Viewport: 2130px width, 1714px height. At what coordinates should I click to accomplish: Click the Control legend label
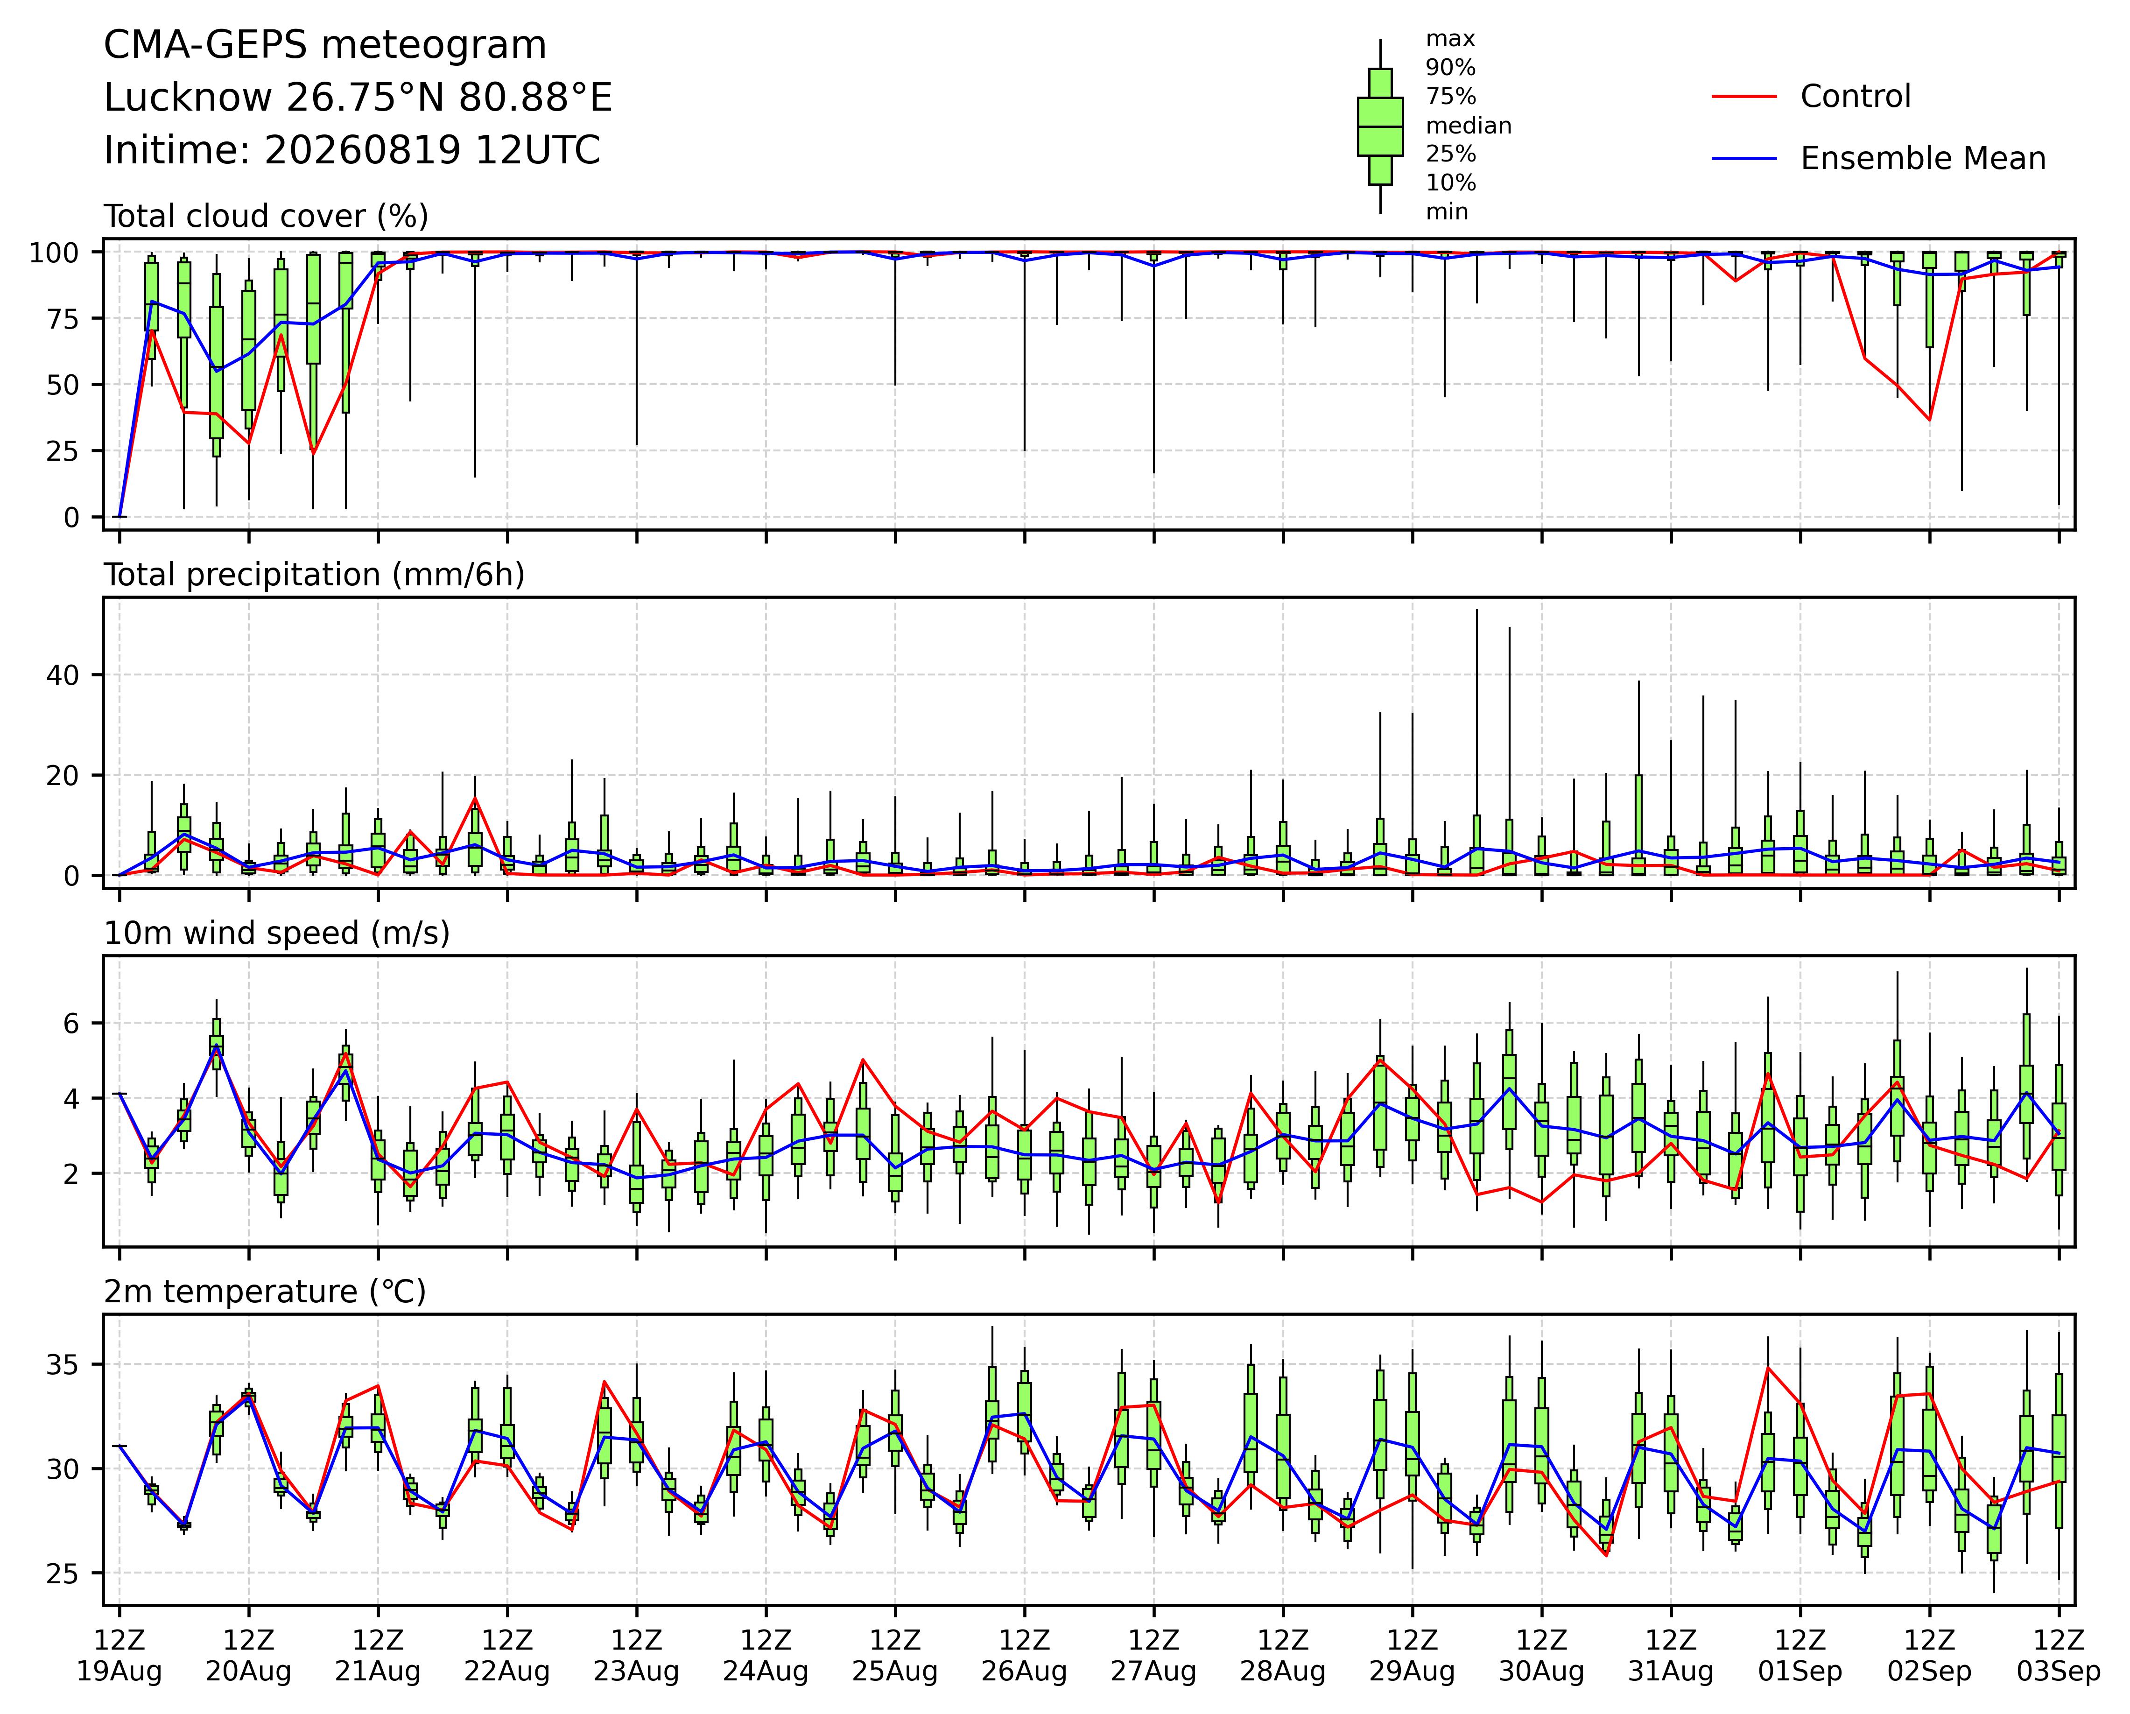[1856, 97]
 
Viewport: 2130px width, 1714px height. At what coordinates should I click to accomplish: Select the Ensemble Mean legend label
[1923, 159]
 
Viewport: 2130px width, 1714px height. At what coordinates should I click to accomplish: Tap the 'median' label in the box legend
[1468, 126]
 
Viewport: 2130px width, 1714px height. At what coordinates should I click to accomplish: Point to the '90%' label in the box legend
[1450, 68]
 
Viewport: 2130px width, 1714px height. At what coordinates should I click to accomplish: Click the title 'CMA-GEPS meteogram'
[325, 45]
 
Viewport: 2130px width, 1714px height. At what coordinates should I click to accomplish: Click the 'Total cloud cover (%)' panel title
[266, 216]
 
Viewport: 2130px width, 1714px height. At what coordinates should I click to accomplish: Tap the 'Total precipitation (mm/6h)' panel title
[314, 575]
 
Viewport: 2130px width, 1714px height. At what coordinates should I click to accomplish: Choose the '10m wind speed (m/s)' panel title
[277, 934]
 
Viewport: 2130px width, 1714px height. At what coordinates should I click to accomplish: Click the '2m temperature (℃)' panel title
[265, 1292]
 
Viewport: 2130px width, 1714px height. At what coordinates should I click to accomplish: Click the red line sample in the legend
[1745, 97]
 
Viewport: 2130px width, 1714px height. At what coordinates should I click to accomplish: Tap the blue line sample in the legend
[1745, 159]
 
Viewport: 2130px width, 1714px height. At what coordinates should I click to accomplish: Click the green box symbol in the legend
[1380, 126]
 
